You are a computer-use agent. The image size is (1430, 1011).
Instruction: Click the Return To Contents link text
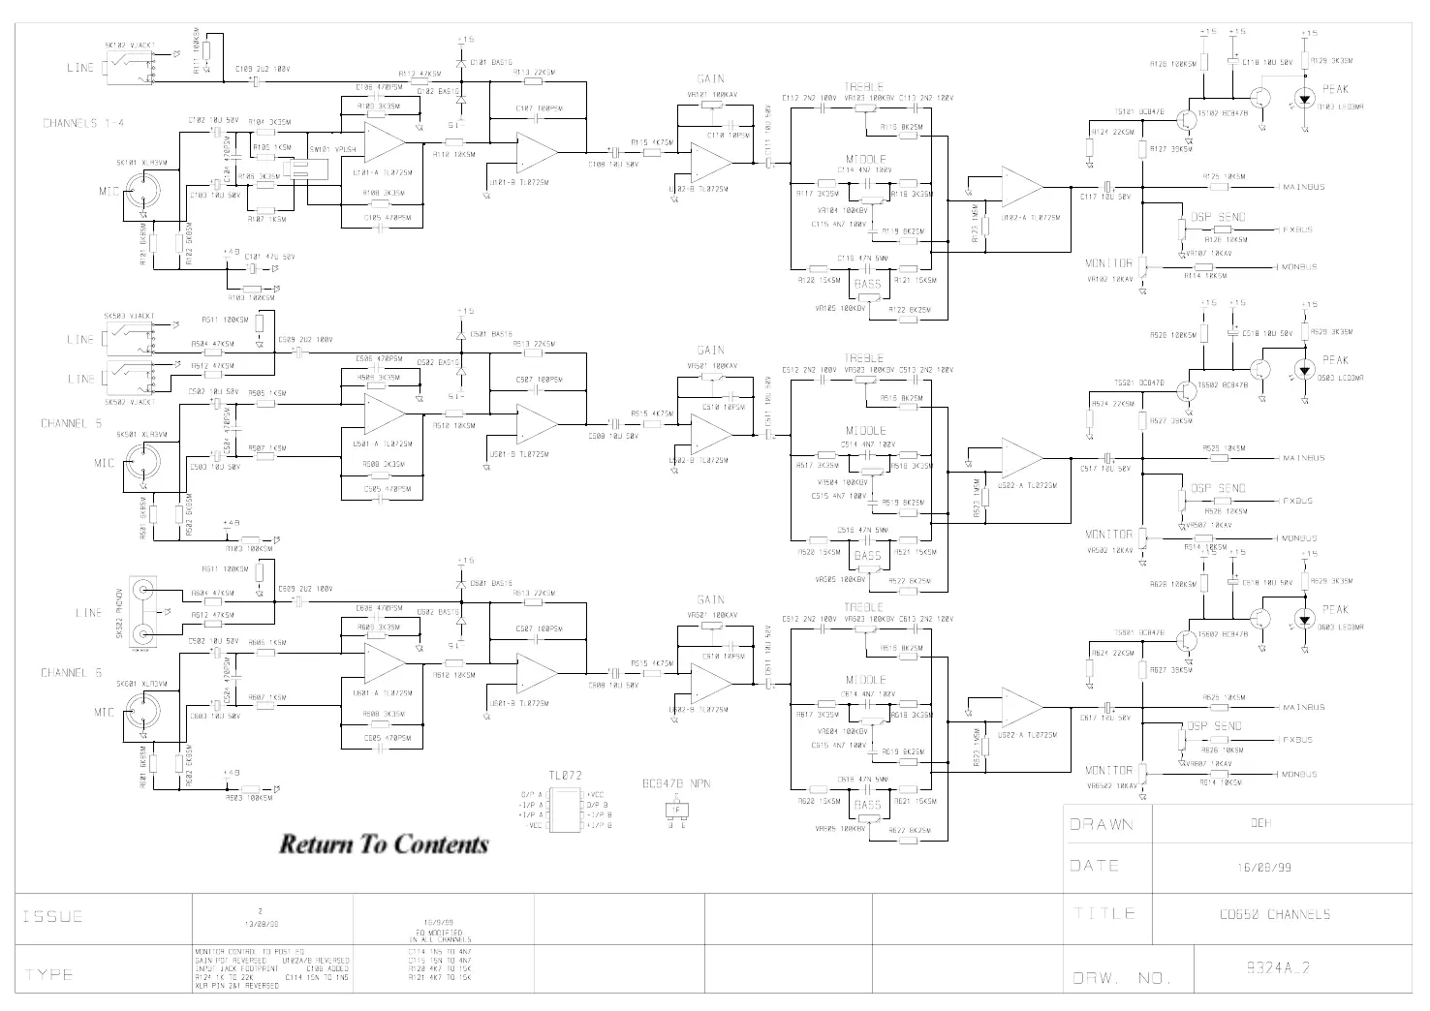coord(384,844)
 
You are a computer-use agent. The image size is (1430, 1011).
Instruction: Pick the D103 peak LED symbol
coord(1305,98)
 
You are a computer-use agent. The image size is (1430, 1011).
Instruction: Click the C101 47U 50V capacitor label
coord(266,257)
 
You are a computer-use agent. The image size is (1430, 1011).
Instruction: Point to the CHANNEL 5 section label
coord(71,423)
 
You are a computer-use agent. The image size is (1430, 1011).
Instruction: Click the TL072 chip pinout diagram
coord(565,810)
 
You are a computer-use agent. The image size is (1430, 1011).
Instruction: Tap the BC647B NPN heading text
coord(675,784)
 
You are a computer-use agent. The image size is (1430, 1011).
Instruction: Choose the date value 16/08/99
coord(1271,868)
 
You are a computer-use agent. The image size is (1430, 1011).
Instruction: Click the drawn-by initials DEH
coord(1259,824)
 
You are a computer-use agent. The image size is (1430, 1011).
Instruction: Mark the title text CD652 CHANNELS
coord(1275,914)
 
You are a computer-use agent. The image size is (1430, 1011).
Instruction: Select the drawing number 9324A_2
coord(1278,967)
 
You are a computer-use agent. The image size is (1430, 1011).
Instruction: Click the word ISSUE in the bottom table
coord(53,916)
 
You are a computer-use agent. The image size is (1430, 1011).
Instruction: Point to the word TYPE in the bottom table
coord(48,974)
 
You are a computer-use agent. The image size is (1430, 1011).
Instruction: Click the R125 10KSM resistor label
coord(1224,176)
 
